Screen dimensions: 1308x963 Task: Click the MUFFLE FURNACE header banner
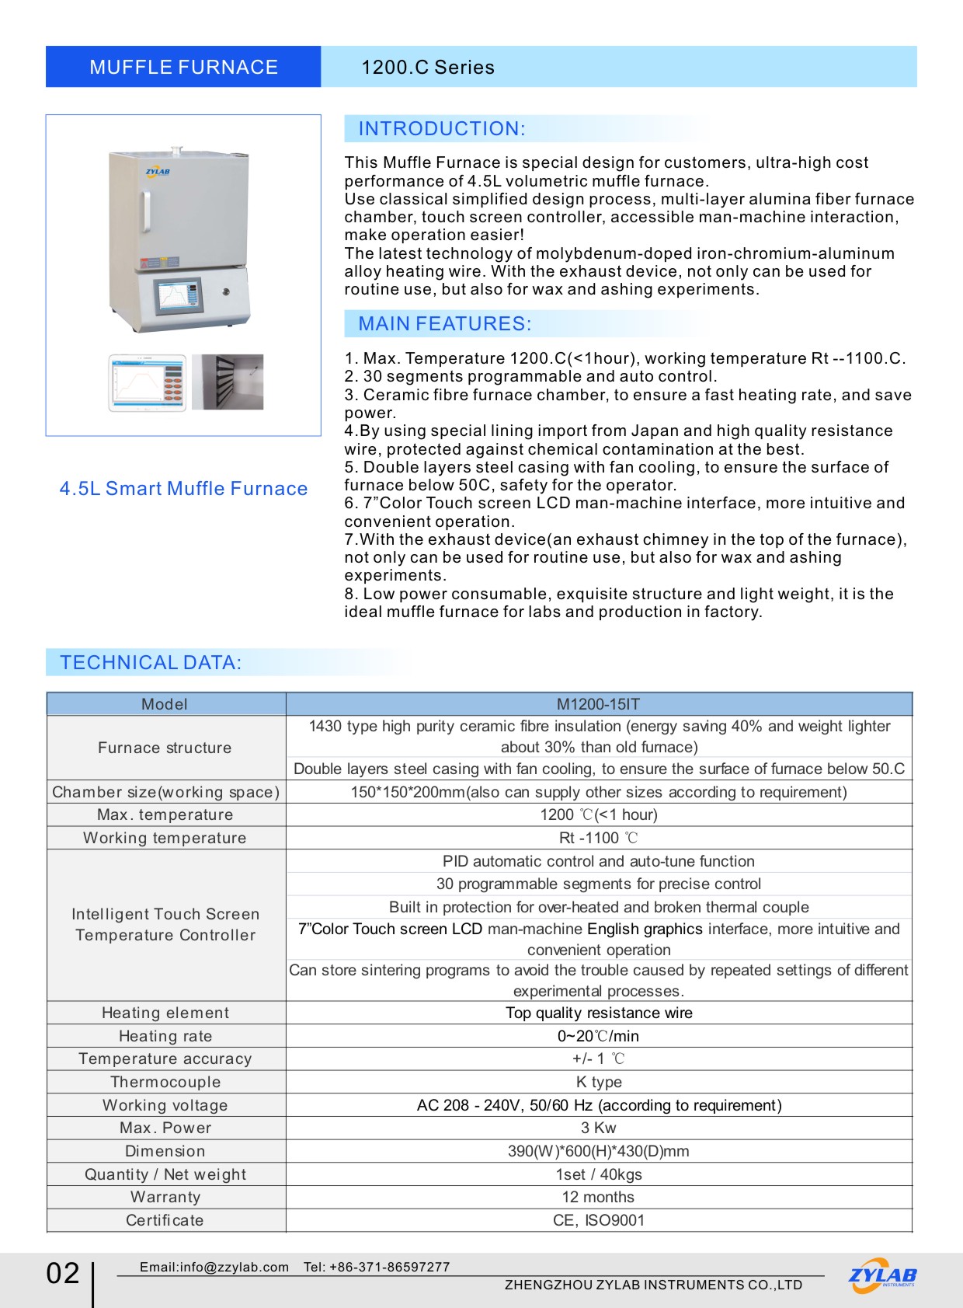pyautogui.click(x=183, y=67)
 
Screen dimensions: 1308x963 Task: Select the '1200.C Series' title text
pyautogui.click(x=428, y=68)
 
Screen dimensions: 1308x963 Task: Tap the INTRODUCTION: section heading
pyautogui.click(x=442, y=129)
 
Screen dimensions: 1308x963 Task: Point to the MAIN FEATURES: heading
pyautogui.click(x=445, y=324)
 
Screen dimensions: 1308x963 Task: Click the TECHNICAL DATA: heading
pyautogui.click(x=151, y=663)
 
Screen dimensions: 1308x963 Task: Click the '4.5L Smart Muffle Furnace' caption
pyautogui.click(x=183, y=489)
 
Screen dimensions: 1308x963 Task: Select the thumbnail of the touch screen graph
pyautogui.click(x=148, y=382)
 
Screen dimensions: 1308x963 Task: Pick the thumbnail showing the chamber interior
pyautogui.click(x=228, y=382)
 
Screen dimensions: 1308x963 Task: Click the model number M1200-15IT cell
pyautogui.click(x=598, y=705)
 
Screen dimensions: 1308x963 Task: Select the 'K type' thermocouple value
pyautogui.click(x=598, y=1082)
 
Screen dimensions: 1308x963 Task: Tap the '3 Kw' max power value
pyautogui.click(x=598, y=1128)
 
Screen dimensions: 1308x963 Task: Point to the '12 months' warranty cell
pyautogui.click(x=598, y=1197)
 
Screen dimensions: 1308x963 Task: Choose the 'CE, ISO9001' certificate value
pyautogui.click(x=598, y=1220)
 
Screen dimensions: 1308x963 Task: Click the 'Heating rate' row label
pyautogui.click(x=165, y=1036)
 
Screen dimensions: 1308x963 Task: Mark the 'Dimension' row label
pyautogui.click(x=165, y=1151)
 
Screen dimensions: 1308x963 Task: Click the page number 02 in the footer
pyautogui.click(x=63, y=1273)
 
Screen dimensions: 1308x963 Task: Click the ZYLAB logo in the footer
pyautogui.click(x=882, y=1275)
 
